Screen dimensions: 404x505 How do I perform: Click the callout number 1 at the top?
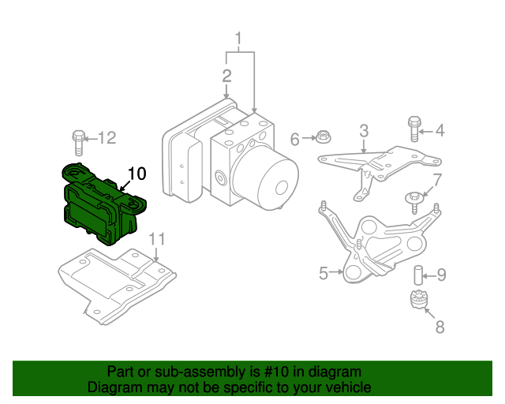point(239,38)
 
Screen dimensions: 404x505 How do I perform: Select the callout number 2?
point(226,77)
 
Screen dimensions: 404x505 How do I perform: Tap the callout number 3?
point(364,130)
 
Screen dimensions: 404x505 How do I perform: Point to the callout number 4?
point(440,131)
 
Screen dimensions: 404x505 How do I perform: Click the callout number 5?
point(324,274)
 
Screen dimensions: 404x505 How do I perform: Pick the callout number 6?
point(295,140)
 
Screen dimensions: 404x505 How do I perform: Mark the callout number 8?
point(440,325)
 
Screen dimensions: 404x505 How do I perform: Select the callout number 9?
point(441,275)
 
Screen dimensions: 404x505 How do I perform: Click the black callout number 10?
point(137,173)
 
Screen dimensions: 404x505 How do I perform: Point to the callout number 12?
point(107,138)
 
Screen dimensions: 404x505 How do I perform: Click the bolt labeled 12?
point(77,142)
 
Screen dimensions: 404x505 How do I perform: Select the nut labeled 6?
point(322,138)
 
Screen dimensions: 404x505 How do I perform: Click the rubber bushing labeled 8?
point(417,302)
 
